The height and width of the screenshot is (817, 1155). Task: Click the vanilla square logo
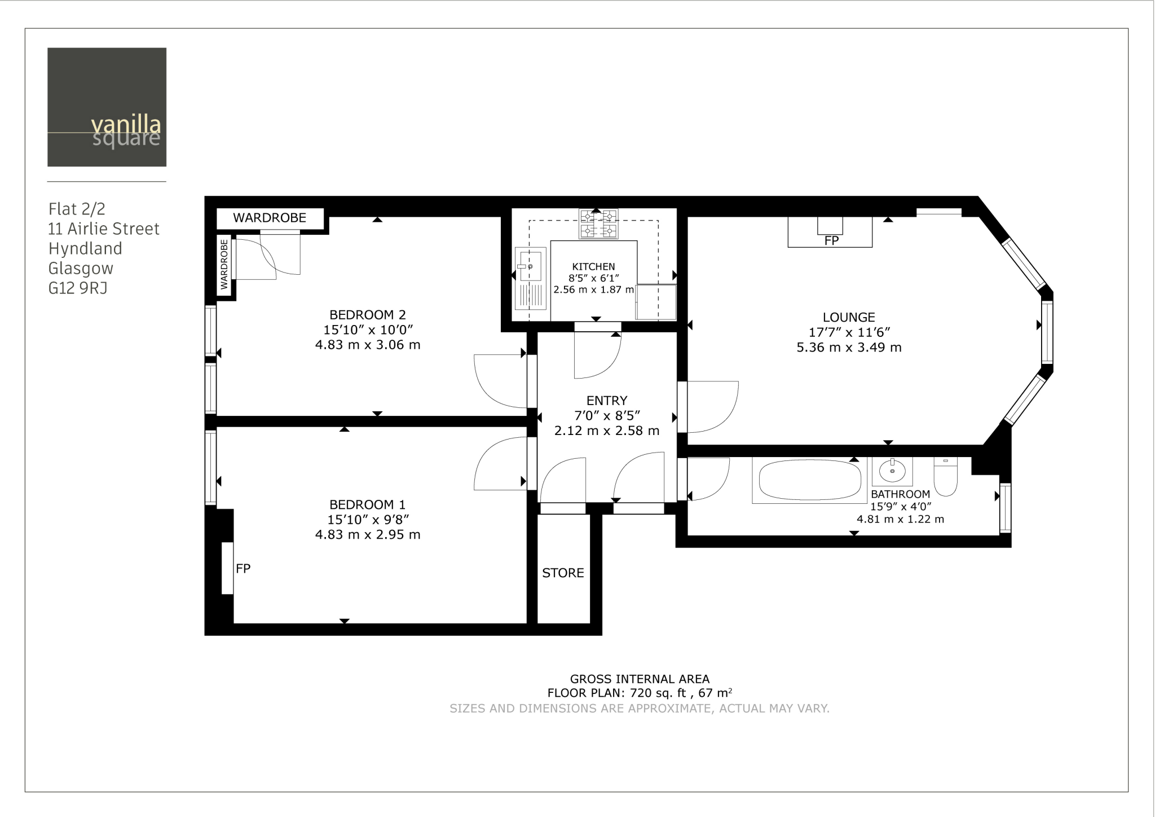tap(107, 107)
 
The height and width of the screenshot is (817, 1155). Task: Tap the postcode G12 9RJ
tap(78, 288)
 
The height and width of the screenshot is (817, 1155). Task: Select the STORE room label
tap(563, 573)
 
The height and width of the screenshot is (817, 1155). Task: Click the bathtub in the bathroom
tap(809, 480)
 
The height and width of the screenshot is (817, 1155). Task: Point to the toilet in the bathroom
tap(946, 477)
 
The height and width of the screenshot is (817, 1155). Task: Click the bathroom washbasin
tap(892, 471)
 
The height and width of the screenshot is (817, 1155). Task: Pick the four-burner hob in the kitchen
tap(599, 223)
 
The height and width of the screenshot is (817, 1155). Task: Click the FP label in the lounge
tap(831, 240)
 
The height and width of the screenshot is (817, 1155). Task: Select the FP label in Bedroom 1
tap(243, 569)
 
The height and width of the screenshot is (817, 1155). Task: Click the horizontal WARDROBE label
tap(270, 218)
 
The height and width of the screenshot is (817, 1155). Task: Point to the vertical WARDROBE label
tap(224, 265)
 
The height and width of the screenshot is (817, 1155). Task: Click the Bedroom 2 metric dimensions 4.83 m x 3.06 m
tap(368, 345)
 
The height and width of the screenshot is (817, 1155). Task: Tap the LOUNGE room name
tap(848, 318)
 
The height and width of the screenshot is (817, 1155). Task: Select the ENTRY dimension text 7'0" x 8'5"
tap(607, 416)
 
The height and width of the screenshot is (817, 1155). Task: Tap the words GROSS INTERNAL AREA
tap(640, 679)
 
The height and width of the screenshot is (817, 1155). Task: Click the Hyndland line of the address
tap(85, 249)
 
